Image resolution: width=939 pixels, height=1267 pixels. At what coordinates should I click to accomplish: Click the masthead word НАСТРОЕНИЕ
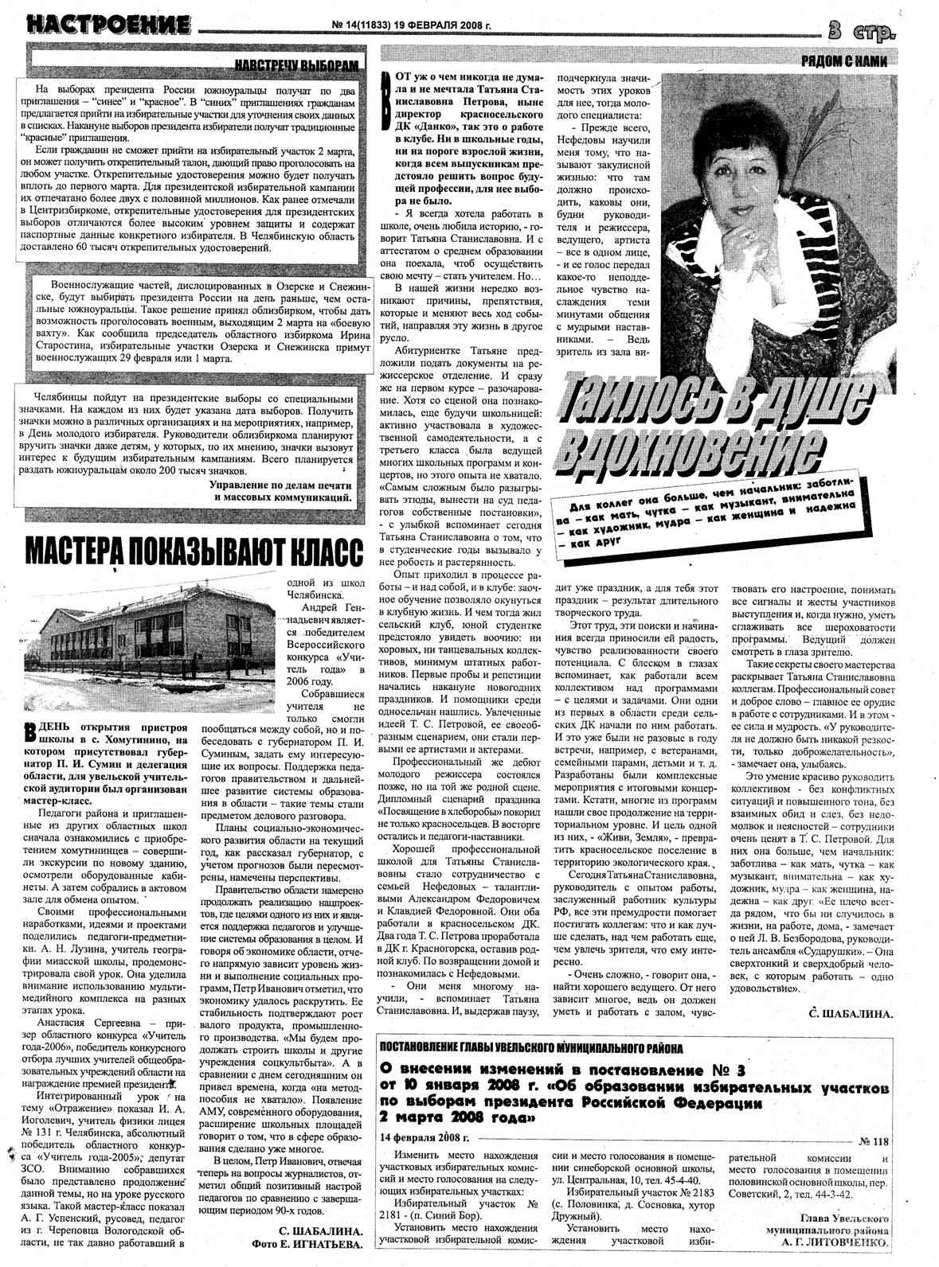[108, 25]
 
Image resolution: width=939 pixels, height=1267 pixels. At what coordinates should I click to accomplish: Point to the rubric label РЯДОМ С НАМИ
[843, 61]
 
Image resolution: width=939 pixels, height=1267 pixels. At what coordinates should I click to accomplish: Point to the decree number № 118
[874, 1141]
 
